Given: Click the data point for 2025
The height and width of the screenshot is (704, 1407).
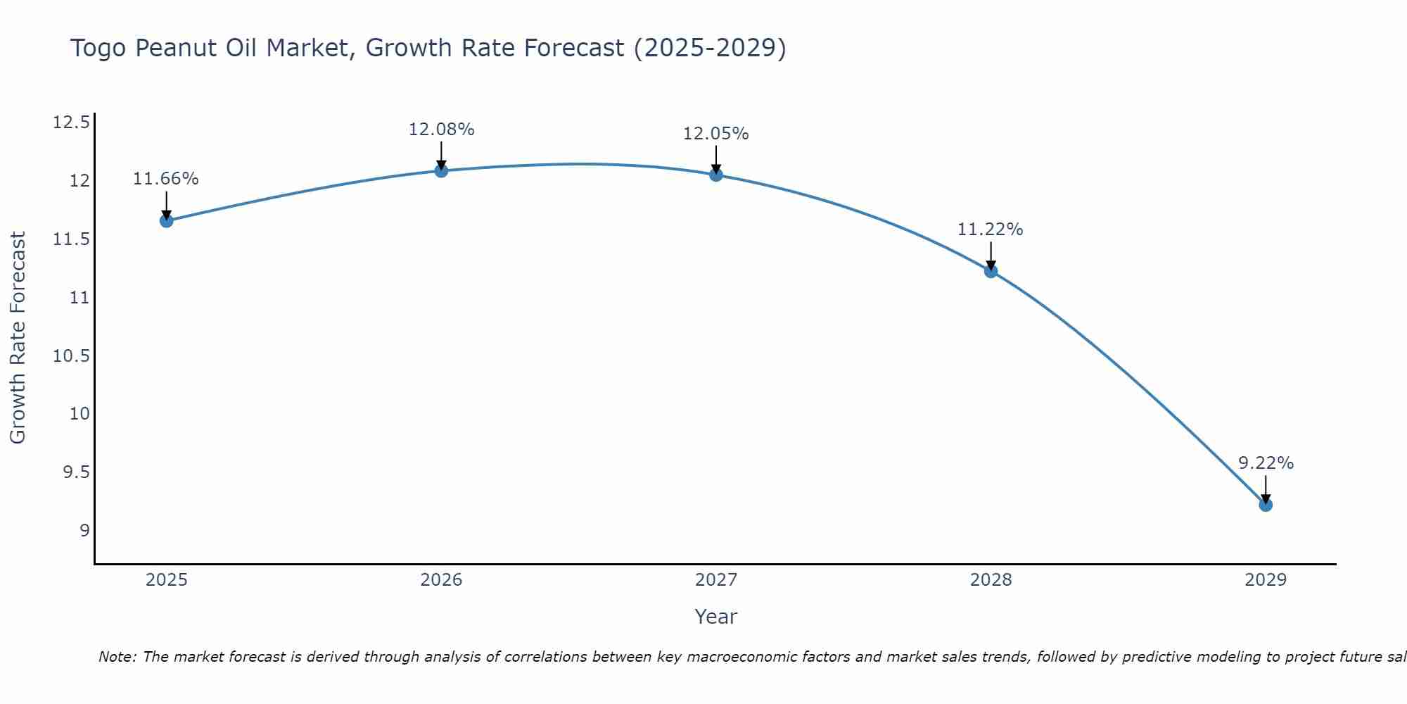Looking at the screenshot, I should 166,220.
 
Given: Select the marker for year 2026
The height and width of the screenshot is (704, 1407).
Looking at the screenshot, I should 441,170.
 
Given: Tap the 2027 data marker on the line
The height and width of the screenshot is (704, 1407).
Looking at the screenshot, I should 716,175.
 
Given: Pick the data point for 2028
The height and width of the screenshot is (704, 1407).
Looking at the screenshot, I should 991,271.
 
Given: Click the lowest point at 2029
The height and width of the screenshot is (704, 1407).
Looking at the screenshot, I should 1266,505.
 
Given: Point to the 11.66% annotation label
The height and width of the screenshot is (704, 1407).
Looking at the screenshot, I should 166,179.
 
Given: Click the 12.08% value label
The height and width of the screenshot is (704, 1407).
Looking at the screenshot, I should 441,130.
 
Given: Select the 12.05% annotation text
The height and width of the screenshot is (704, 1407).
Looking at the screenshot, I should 716,134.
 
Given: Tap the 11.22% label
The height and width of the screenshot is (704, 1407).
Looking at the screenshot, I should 991,230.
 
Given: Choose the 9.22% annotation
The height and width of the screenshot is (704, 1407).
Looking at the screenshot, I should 1266,463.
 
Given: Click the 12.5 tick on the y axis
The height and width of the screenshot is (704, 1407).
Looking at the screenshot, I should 71,123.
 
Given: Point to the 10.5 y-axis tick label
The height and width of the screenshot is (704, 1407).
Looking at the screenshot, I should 71,356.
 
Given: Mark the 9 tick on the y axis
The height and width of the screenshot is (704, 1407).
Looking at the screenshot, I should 84,530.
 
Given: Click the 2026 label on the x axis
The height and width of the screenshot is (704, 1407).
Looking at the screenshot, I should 441,580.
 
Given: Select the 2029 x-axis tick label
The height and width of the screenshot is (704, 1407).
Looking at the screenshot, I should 1266,580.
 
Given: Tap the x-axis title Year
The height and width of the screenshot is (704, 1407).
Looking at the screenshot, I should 715,617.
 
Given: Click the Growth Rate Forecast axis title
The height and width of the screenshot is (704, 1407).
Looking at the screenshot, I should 18,338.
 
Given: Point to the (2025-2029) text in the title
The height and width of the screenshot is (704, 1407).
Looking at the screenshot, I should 709,49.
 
